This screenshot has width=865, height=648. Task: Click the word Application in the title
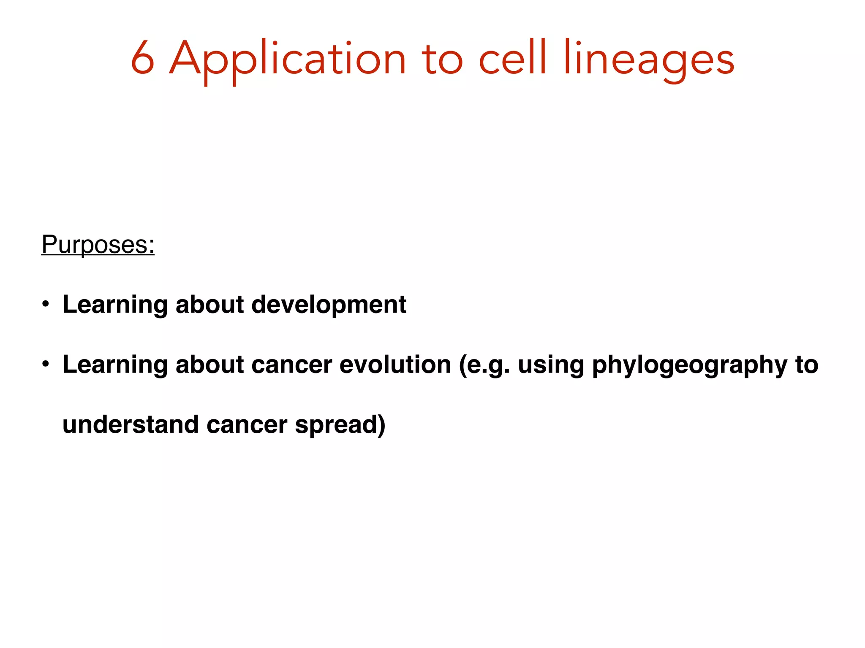point(288,59)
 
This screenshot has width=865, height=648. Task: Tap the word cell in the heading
point(513,58)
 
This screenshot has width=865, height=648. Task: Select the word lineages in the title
point(649,59)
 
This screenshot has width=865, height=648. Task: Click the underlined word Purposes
point(98,244)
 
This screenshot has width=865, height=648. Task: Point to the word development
point(329,305)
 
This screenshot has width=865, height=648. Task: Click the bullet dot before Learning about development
point(46,304)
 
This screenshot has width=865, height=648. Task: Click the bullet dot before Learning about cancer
point(46,364)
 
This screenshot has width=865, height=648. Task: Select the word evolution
point(395,364)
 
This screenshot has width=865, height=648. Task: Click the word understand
point(131,424)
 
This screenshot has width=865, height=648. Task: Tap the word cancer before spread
point(247,424)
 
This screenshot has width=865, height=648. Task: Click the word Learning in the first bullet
point(115,305)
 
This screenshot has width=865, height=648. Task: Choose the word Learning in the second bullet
point(115,364)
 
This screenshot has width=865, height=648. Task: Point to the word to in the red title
point(442,59)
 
